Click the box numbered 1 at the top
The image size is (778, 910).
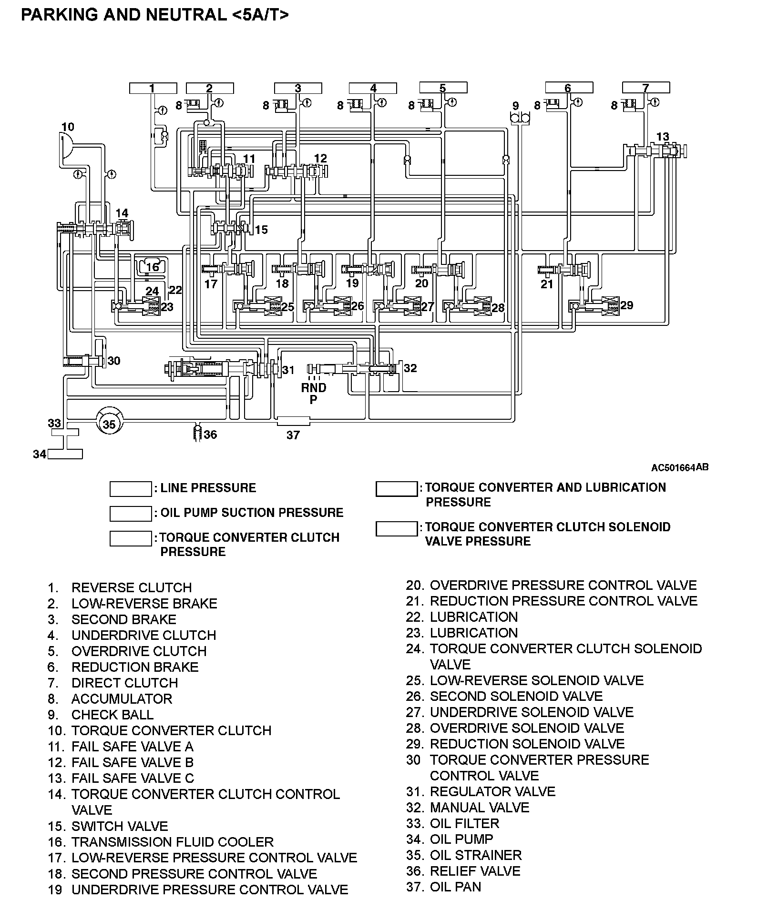click(153, 88)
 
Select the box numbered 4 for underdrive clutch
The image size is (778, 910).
click(373, 88)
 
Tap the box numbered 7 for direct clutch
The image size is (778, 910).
click(645, 88)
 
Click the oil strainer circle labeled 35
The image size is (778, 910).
click(109, 424)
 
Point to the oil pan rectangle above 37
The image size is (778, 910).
click(293, 421)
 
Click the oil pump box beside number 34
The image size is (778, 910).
click(65, 454)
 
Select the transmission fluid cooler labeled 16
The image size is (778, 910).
click(152, 267)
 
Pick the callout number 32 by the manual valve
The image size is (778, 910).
click(410, 368)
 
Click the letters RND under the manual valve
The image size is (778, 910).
click(313, 388)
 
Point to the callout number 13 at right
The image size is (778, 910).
click(663, 137)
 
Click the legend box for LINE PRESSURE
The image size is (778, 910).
click(131, 489)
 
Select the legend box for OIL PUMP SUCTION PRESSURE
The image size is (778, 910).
click(131, 513)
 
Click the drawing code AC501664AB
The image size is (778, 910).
click(679, 467)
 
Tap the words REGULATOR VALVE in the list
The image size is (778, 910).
click(492, 791)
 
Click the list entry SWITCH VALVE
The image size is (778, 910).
click(119, 826)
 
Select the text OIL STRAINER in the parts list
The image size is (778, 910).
click(475, 855)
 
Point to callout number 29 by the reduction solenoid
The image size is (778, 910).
click(626, 305)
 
